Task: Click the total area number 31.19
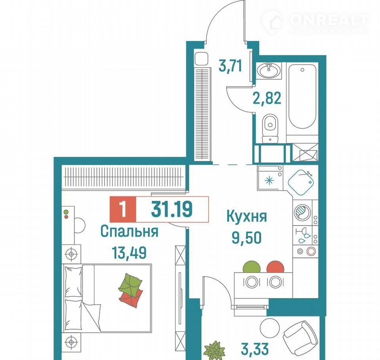click(x=172, y=209)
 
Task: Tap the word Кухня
click(x=247, y=216)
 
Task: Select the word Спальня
click(x=129, y=231)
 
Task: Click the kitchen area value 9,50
click(x=247, y=237)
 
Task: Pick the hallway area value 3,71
click(x=230, y=66)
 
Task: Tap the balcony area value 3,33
click(x=255, y=349)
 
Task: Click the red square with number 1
click(x=123, y=209)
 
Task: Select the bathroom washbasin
click(x=269, y=71)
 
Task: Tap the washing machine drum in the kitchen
click(x=302, y=212)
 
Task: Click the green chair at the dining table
click(x=252, y=267)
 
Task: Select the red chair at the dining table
click(x=275, y=267)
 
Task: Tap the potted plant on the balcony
click(x=215, y=351)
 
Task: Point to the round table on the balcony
click(x=270, y=328)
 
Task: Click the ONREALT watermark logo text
click(x=329, y=20)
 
